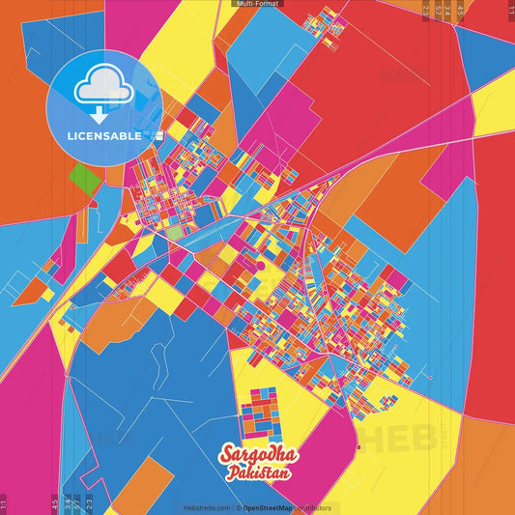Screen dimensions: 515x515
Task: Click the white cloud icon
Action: click(x=103, y=89)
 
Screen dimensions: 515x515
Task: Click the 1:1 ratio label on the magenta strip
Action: click(x=5, y=503)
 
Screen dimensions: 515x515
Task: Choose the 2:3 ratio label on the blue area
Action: click(x=90, y=501)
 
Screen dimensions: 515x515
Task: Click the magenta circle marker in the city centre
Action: click(x=260, y=263)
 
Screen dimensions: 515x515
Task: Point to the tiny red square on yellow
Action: click(x=358, y=446)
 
